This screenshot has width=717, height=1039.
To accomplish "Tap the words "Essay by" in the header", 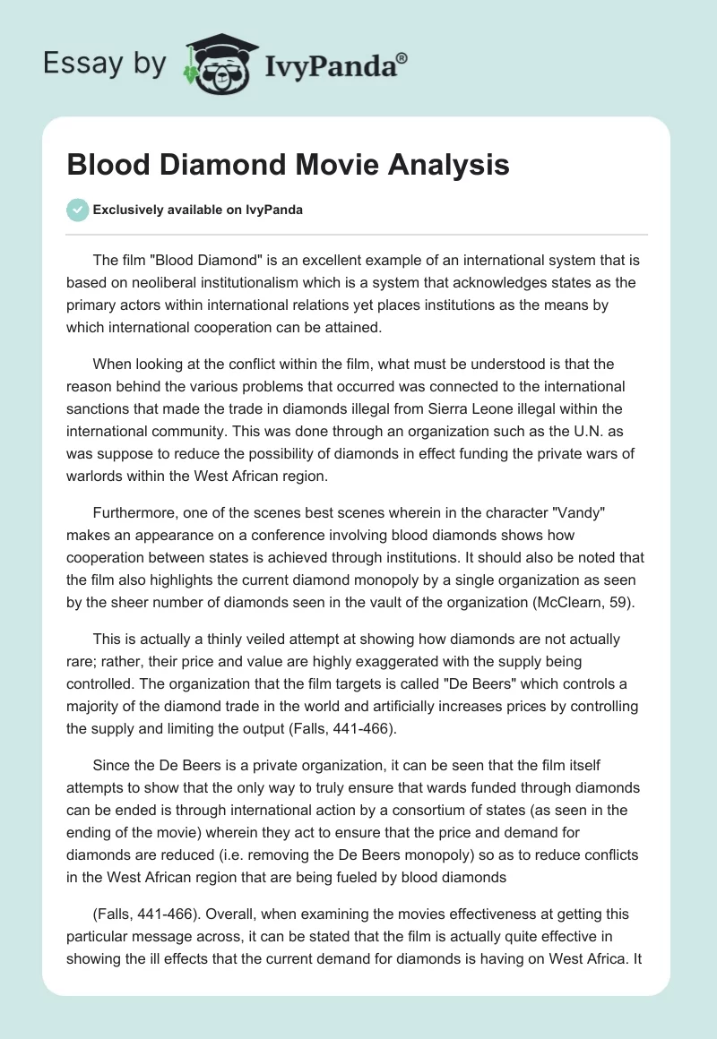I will (x=105, y=64).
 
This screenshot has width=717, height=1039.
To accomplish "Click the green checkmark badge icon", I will (x=77, y=210).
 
